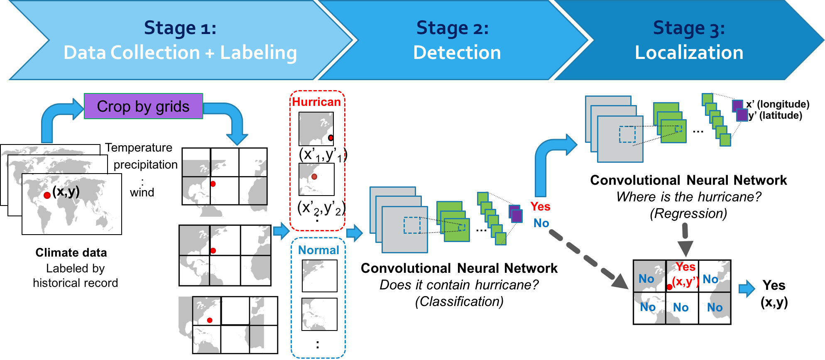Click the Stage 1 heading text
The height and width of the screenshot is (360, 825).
coord(180,28)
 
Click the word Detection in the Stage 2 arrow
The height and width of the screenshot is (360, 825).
coord(457,53)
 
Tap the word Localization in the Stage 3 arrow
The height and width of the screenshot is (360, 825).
coord(689,53)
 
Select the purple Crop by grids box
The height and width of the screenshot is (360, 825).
coord(143,106)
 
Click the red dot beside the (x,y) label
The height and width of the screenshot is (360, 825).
coord(47,195)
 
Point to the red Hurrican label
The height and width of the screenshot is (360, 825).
coord(316,102)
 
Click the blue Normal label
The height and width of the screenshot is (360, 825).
coord(318,250)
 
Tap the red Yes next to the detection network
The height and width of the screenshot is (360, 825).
coord(540,206)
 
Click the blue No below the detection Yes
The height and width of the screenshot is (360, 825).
coord(541,223)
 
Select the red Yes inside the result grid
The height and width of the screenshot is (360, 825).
coord(685,267)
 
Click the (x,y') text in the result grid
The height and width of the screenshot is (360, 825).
coord(685,282)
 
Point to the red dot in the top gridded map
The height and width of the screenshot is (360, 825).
coord(213,184)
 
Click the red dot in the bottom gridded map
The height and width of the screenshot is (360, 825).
coord(210,320)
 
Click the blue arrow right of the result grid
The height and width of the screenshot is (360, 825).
coord(747,289)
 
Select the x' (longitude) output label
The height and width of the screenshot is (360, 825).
coord(778,104)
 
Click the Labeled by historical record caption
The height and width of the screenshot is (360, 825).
coord(75,276)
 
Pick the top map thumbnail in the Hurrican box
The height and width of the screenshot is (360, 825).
coord(316,129)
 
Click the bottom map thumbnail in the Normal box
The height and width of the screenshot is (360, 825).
coord(319,314)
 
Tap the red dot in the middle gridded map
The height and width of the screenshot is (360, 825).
coord(213,251)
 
